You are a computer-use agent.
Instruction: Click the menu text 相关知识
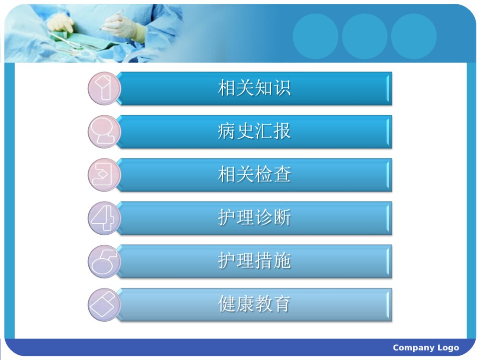coord(254,88)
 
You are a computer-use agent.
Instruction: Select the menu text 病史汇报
coord(254,132)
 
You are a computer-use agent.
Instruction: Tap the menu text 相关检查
coord(254,175)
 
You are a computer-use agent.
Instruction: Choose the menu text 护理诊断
coord(254,218)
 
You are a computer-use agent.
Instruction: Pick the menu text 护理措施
coord(254,261)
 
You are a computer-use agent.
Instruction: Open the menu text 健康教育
coord(254,304)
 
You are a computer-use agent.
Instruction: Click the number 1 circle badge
coord(104,88)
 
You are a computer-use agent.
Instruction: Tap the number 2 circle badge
coord(104,132)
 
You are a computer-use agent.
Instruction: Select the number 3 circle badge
coord(104,175)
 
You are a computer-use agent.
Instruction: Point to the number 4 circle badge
coord(104,218)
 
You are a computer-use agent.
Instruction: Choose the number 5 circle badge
coord(104,261)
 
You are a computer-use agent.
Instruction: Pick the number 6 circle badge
coord(104,304)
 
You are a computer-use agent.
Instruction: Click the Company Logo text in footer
coord(426,348)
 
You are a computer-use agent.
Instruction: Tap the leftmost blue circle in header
coord(315,36)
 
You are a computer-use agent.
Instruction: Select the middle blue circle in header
coord(364,36)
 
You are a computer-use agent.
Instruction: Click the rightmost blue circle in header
coord(413,36)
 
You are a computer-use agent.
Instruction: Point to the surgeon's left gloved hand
coord(61,23)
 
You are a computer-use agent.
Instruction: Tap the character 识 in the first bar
coord(282,88)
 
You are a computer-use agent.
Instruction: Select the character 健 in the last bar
coord(227,304)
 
